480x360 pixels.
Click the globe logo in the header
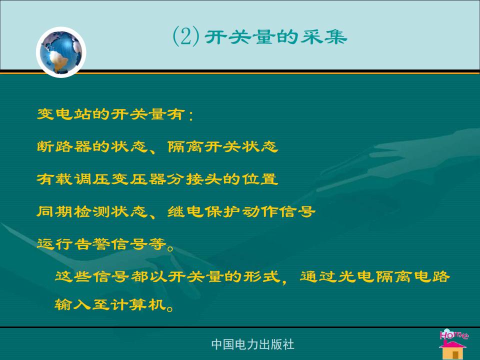coord(61,52)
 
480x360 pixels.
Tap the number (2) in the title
coord(186,36)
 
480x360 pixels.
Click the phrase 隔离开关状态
coord(223,146)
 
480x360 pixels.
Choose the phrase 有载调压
coord(73,179)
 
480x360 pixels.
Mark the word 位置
coord(260,179)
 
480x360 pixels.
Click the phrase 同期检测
coord(73,211)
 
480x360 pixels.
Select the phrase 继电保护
coord(204,211)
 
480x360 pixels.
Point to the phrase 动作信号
coord(278,211)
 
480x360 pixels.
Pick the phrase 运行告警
coord(73,244)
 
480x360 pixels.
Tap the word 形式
coord(262,276)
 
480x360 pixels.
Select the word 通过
coord(318,276)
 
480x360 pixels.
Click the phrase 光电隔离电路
coord(393,276)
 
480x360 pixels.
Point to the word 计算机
coord(148,304)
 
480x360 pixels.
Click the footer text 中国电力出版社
coord(253,344)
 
